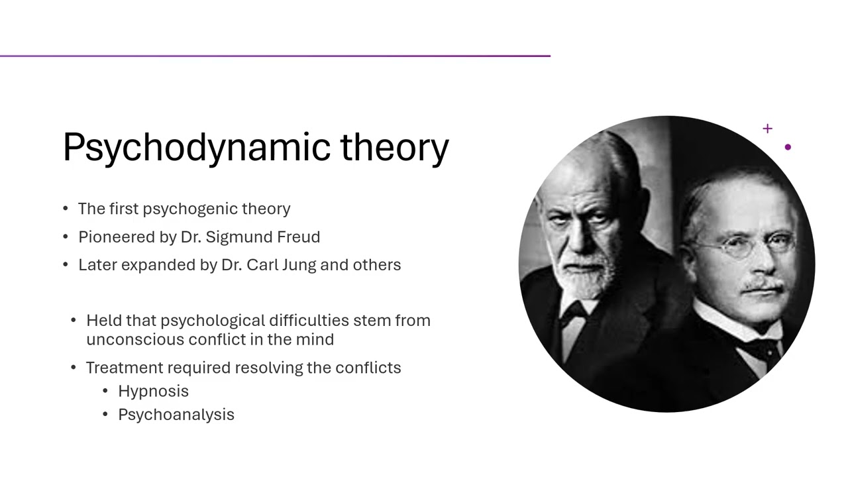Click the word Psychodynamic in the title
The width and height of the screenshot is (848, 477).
(197, 147)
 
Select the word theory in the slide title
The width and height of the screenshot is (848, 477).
(395, 147)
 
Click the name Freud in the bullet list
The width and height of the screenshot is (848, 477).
(300, 237)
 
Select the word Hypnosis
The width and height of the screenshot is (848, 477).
(153, 391)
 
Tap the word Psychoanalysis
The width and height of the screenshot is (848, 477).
(176, 414)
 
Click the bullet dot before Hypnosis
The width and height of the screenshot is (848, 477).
(106, 391)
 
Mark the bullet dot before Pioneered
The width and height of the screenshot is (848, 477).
(66, 237)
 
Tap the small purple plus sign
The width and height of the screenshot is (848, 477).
(767, 129)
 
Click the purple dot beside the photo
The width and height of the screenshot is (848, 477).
(788, 147)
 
